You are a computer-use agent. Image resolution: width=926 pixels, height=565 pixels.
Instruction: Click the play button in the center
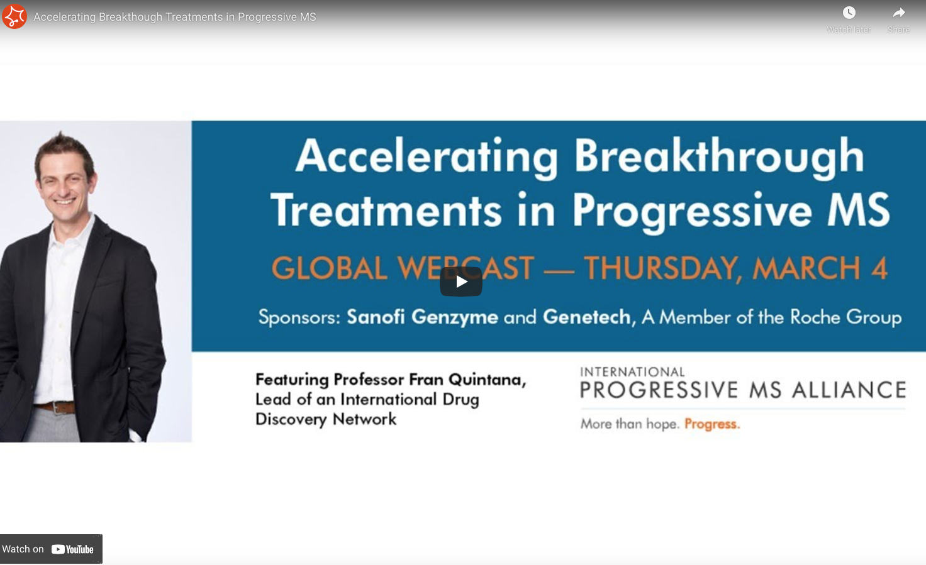pos(461,282)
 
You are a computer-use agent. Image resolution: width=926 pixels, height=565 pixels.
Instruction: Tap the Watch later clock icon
pos(849,13)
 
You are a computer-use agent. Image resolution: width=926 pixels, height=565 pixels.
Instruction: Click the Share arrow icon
pos(899,13)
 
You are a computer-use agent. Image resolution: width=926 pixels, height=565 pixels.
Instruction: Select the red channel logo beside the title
pos(14,16)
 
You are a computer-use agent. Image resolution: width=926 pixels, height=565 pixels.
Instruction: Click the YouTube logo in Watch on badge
pos(72,549)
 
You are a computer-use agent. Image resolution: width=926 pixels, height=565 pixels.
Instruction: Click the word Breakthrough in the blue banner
pos(719,156)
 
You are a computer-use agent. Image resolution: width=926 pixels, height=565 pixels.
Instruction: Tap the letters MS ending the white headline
pos(858,210)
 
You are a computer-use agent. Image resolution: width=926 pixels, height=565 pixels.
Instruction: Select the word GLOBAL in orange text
pos(330,268)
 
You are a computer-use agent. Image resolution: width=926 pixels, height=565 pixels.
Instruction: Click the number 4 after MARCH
pos(879,268)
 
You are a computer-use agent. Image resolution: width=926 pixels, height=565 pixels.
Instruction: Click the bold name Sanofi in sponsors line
pos(376,317)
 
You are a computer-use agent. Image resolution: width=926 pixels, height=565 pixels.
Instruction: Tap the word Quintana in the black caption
pos(487,380)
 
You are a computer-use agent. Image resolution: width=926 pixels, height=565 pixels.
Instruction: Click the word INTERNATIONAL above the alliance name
pos(632,372)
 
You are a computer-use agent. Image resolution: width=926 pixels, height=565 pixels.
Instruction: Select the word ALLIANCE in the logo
pos(849,390)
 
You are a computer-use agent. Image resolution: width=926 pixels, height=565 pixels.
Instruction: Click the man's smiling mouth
pos(64,202)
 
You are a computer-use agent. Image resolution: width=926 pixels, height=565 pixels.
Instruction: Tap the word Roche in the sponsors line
pos(815,317)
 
